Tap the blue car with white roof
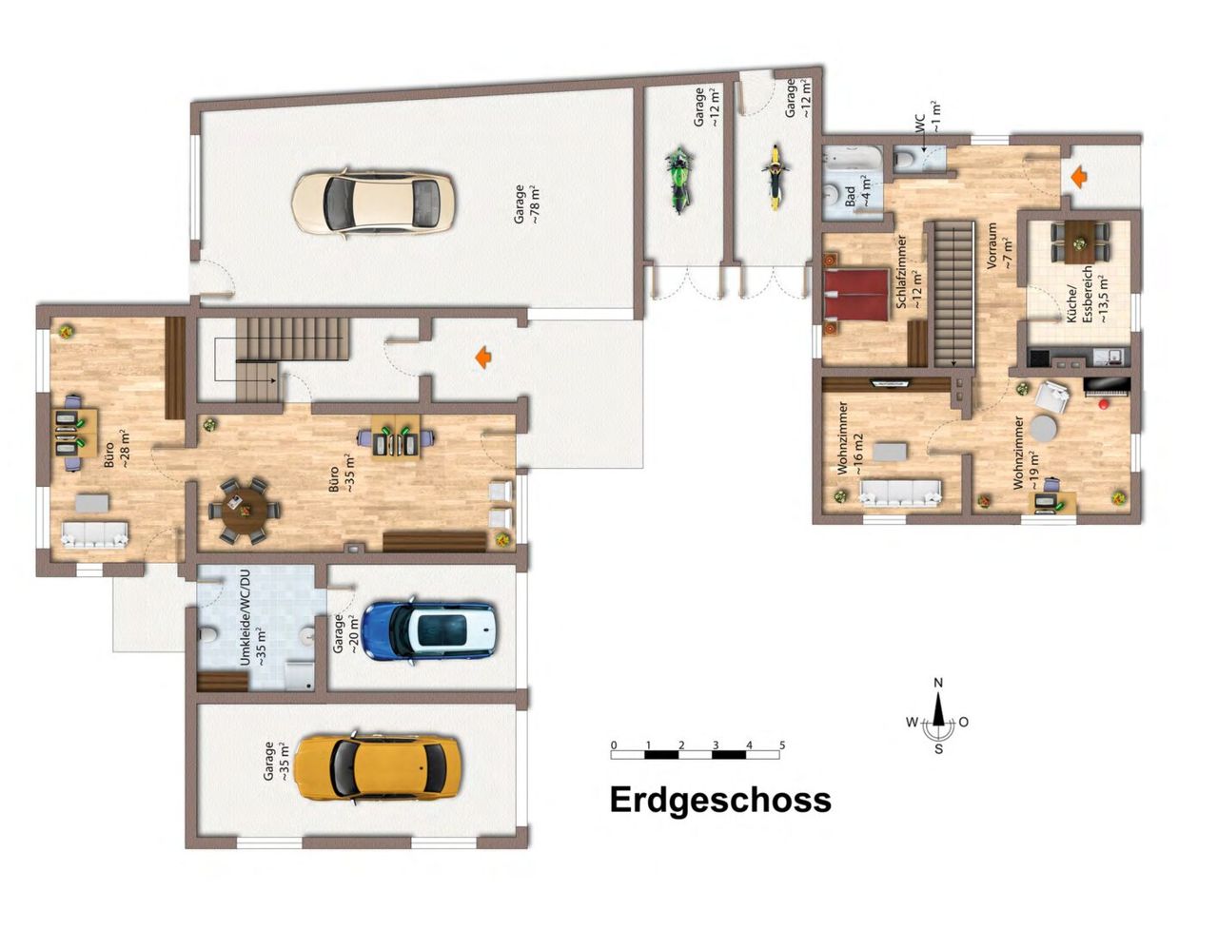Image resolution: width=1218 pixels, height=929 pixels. click(427, 631)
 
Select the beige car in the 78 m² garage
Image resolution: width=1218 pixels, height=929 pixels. click(373, 203)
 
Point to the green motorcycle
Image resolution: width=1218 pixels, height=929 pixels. click(679, 179)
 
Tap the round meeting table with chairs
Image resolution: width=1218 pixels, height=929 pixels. click(245, 510)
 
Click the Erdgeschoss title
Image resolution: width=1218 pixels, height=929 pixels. click(720, 801)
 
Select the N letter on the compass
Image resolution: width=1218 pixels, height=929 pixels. click(938, 683)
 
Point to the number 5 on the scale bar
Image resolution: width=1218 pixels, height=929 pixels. click(782, 745)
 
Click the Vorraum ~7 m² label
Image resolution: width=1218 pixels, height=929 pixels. click(999, 246)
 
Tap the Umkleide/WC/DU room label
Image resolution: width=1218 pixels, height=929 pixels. click(252, 618)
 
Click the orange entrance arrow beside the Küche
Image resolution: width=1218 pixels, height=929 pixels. click(1079, 178)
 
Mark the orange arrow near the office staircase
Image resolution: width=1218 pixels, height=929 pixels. click(483, 358)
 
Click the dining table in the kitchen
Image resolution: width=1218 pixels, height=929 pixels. click(1080, 242)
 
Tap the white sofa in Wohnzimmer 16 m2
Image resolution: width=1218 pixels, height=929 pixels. click(899, 493)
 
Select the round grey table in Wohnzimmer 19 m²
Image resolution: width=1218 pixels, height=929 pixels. click(1044, 429)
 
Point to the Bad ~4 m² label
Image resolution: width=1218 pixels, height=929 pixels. click(857, 192)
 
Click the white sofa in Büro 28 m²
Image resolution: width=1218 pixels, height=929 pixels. click(94, 533)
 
